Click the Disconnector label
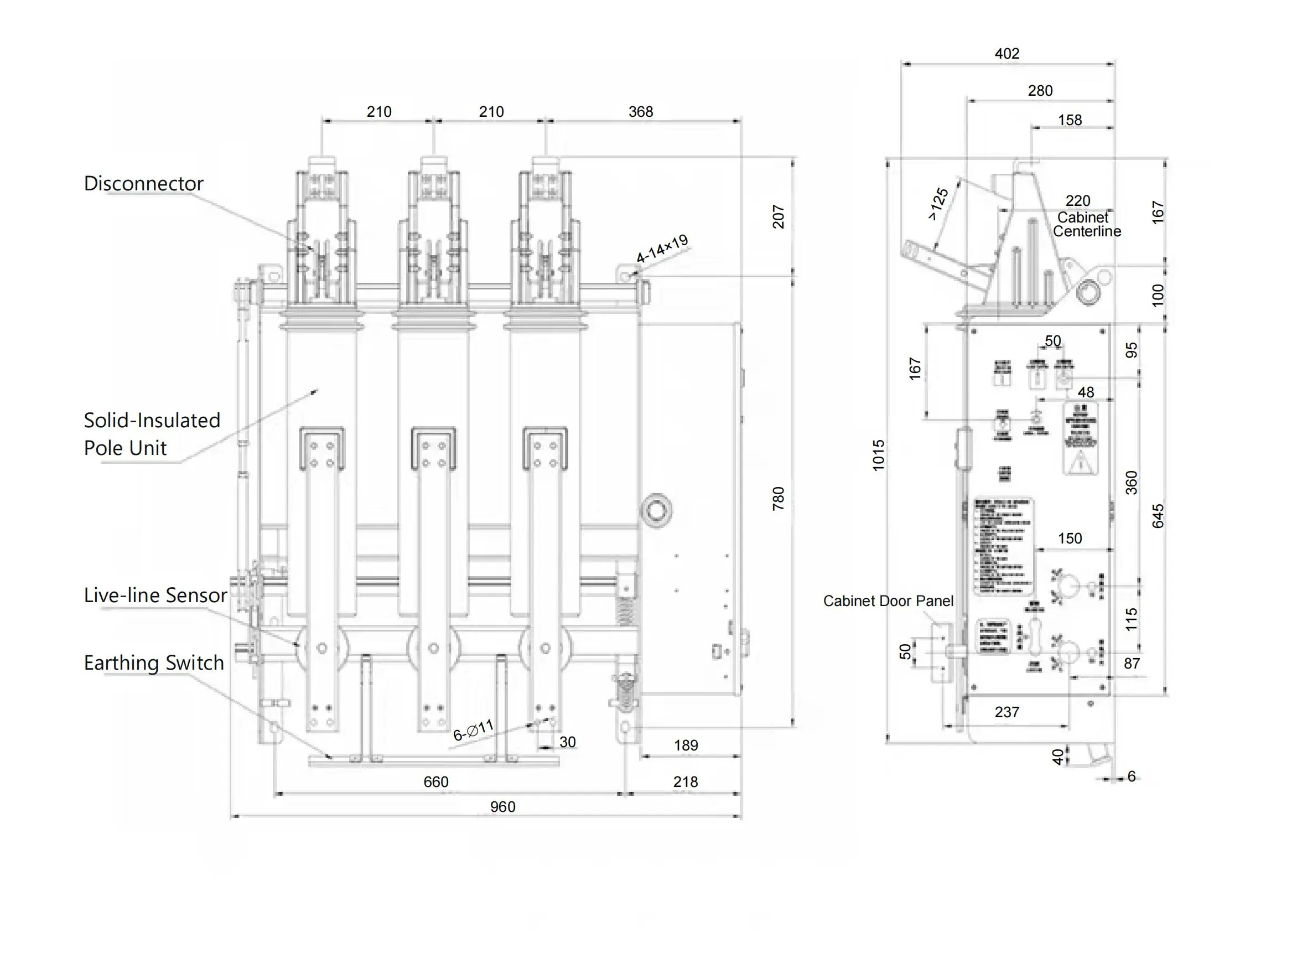(143, 184)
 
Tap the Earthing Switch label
(154, 663)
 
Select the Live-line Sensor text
(155, 595)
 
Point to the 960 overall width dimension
(502, 807)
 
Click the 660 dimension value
(435, 781)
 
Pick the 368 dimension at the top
(640, 111)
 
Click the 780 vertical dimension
(778, 499)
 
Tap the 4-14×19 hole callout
(662, 249)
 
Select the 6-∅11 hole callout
(473, 730)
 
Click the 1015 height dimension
(878, 455)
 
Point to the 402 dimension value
(1007, 53)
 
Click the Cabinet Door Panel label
(888, 601)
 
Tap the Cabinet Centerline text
(1086, 225)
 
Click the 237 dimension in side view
(1007, 712)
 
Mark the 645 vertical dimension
(1157, 516)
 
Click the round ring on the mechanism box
(656, 511)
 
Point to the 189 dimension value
(686, 745)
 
